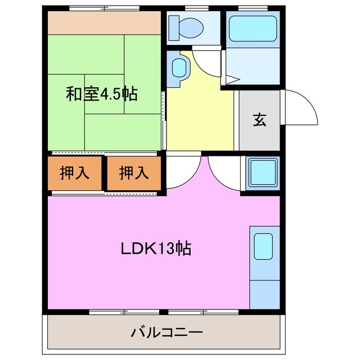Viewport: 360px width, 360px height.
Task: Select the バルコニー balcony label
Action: point(166,332)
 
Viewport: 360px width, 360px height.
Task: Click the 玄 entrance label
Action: point(259,120)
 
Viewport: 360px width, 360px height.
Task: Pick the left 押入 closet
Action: point(75,173)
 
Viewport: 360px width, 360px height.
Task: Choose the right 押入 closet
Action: point(134,173)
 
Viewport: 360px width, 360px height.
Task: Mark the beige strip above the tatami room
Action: point(104,23)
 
